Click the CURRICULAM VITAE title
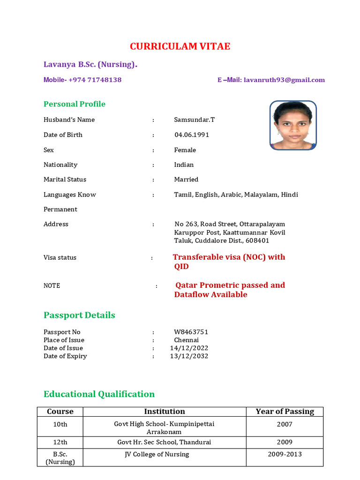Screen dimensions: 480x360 point(180,46)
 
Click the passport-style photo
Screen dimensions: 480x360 point(293,125)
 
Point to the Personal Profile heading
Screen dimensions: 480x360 point(75,104)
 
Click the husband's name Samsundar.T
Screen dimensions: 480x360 point(195,120)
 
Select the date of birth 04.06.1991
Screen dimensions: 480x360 point(192,135)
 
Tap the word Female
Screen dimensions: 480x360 point(185,150)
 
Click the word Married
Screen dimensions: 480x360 point(186,180)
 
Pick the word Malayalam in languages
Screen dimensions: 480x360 point(261,195)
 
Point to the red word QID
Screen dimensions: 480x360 point(181,267)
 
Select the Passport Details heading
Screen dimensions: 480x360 point(79,315)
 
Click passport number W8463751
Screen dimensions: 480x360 point(191,332)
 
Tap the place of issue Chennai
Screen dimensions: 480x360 point(187,340)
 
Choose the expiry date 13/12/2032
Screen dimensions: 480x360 point(189,356)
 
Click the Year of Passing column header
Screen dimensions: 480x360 point(285,412)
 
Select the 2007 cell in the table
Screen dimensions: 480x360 point(285,424)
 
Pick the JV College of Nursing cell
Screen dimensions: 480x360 point(157,454)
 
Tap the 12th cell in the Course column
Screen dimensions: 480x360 point(60,442)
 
